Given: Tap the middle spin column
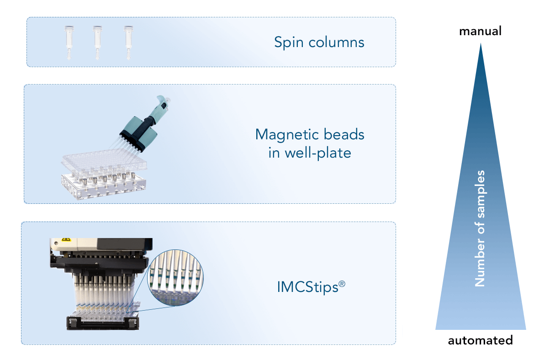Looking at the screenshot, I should (97, 42).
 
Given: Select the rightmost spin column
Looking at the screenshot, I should (128, 42).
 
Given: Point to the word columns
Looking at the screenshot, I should (338, 42).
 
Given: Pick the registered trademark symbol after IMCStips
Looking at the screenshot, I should (342, 283).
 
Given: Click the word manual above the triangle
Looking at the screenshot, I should (480, 32).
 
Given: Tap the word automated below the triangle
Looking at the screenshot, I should (480, 341).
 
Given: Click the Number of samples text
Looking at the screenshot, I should (480, 228).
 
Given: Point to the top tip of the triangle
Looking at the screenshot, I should (481, 44).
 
